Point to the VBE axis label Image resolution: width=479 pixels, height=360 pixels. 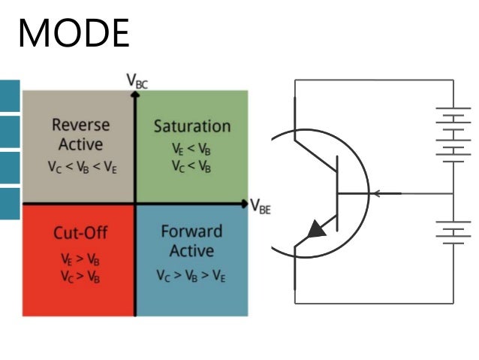click(260, 207)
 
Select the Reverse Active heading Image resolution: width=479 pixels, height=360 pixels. click(80, 134)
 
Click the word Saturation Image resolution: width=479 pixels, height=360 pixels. click(192, 126)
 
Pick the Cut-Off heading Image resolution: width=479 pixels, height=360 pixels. click(80, 231)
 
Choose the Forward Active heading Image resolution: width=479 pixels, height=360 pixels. click(191, 241)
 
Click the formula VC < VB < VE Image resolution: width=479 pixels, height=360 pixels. click(80, 167)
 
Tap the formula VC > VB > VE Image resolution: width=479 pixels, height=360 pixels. click(191, 276)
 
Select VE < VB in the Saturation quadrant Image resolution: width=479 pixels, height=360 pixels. click(191, 149)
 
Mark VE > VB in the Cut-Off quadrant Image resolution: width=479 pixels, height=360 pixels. click(80, 258)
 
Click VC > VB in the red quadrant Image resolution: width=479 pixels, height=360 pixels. click(80, 276)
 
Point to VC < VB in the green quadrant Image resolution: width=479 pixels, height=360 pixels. click(191, 167)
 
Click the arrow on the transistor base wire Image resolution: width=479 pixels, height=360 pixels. click(378, 194)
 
